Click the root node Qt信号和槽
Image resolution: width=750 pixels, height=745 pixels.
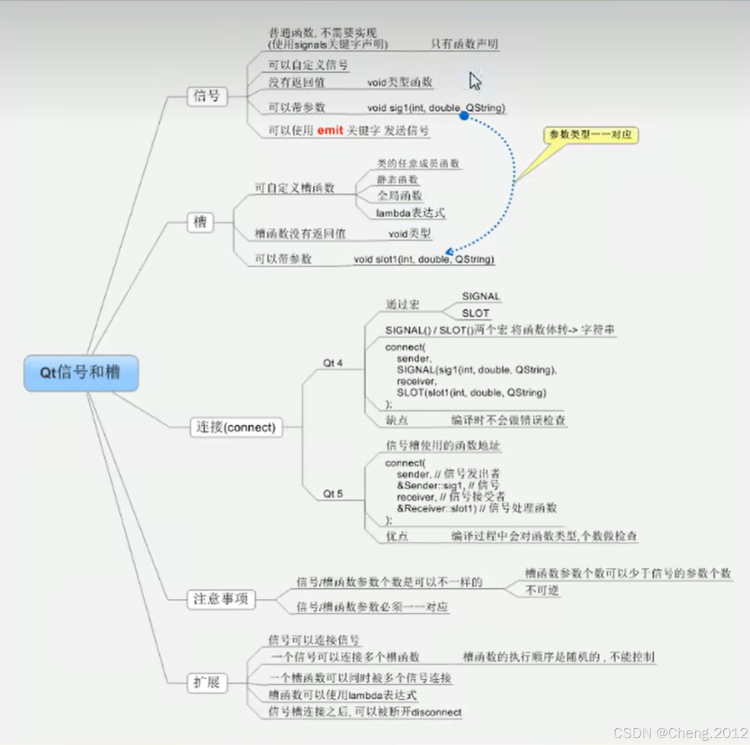click(x=81, y=372)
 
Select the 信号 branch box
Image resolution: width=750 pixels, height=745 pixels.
click(x=206, y=96)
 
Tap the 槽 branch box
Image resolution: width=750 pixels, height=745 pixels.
click(x=200, y=222)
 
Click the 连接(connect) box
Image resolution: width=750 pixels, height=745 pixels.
click(x=236, y=427)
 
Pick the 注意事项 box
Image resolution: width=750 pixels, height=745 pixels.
click(x=221, y=599)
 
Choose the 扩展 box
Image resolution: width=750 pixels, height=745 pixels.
click(x=206, y=682)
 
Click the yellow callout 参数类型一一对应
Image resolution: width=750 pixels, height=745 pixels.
click(x=590, y=134)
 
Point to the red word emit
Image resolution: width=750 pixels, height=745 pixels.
click(x=330, y=130)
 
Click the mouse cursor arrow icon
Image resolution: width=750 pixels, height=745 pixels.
click(x=475, y=81)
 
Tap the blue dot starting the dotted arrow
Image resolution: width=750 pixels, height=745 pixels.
click(x=464, y=116)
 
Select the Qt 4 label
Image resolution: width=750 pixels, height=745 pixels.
click(x=333, y=363)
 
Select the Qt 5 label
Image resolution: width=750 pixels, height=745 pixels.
click(x=333, y=494)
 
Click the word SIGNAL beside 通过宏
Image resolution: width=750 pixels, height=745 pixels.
click(x=481, y=297)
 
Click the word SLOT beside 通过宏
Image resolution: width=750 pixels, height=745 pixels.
click(x=476, y=313)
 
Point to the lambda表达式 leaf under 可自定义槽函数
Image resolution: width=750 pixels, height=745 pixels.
click(x=410, y=213)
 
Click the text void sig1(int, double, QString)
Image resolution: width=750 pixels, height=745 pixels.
click(x=436, y=108)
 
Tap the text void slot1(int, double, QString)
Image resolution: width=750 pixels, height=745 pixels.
click(x=424, y=259)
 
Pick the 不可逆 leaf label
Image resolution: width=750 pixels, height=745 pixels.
click(x=542, y=590)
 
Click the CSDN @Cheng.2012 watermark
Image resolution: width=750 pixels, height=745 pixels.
click(x=680, y=733)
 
